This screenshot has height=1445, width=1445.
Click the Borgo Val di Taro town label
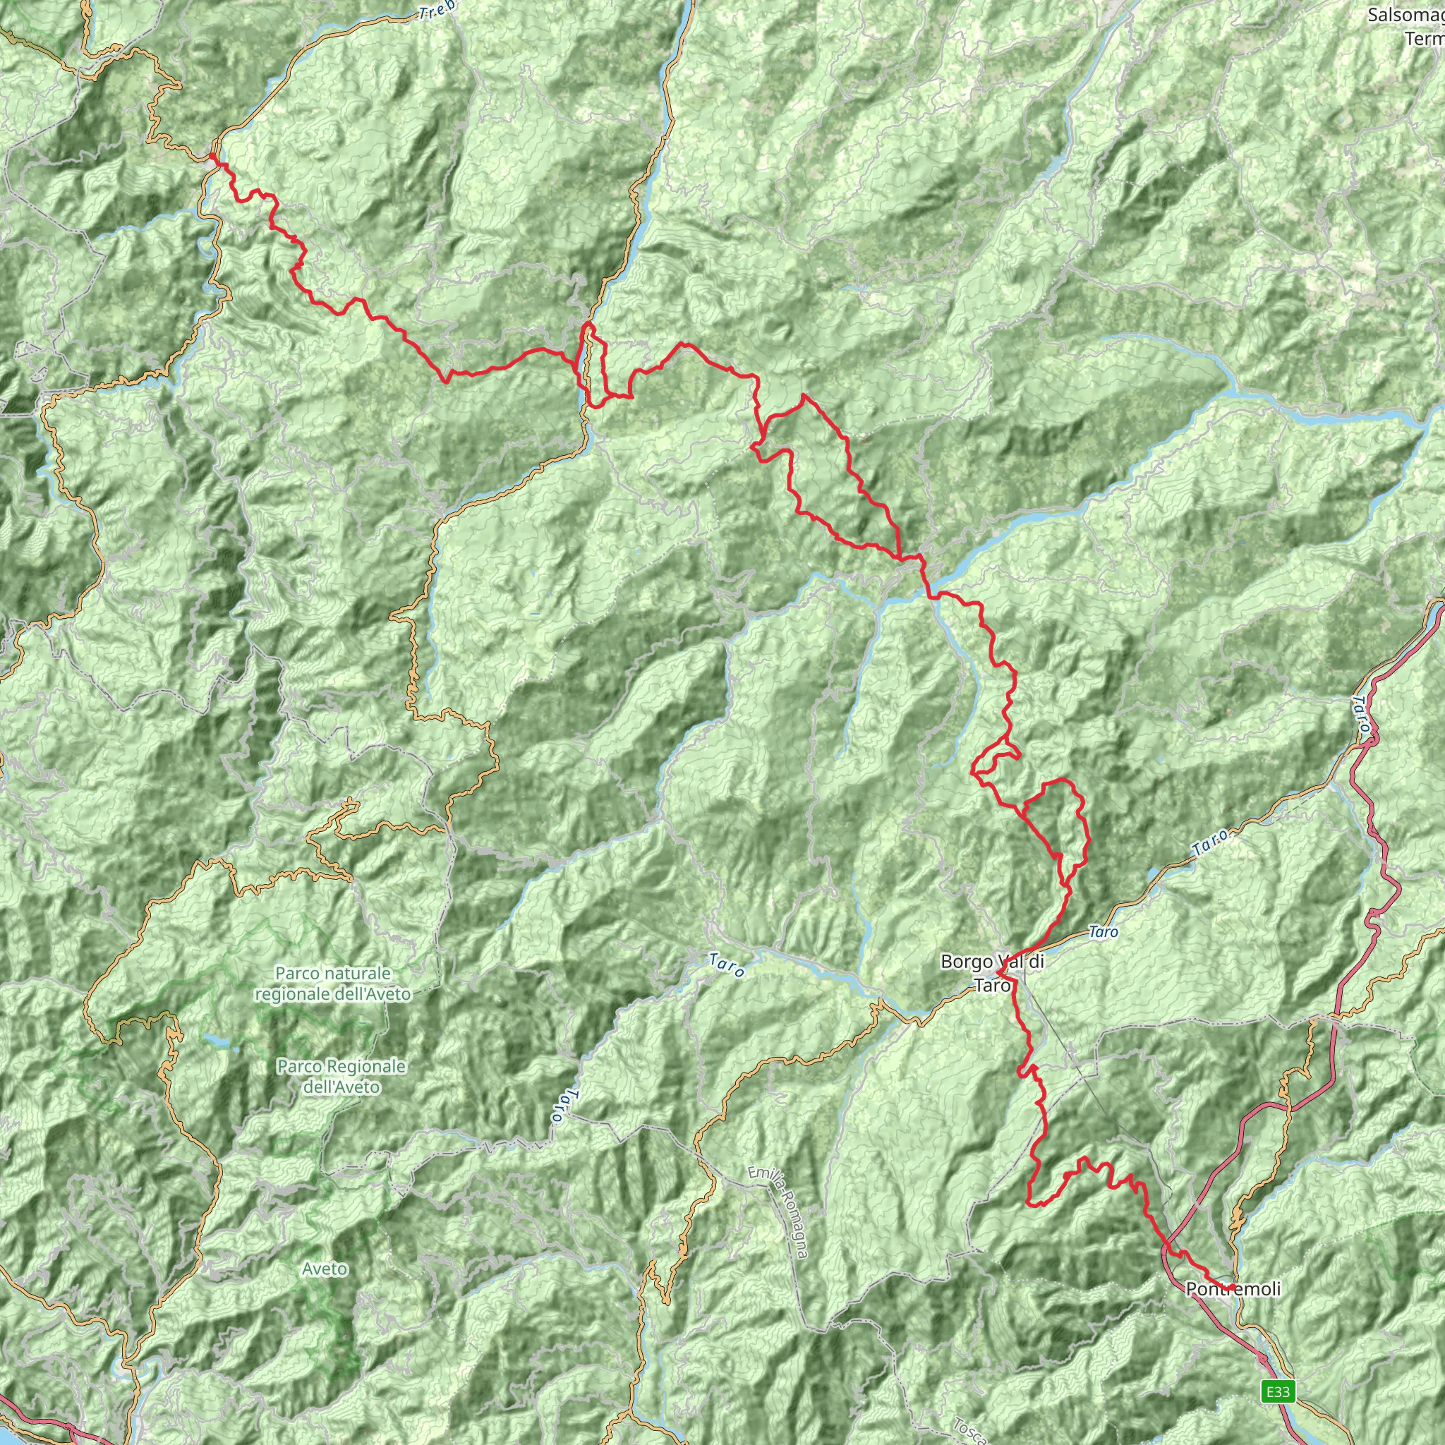tap(992, 973)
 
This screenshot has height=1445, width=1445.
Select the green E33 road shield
tap(1278, 1391)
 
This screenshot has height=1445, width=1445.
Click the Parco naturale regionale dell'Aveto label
tap(333, 984)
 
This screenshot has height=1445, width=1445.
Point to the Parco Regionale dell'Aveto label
tap(341, 1075)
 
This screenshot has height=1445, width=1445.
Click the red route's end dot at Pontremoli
tap(1231, 1287)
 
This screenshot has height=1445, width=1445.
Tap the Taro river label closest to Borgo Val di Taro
tap(1104, 932)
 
